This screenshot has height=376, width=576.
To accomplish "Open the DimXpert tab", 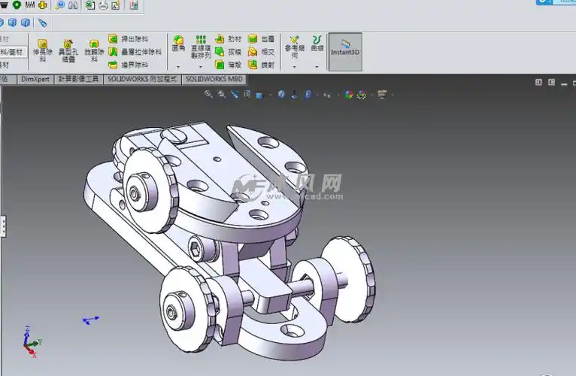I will [x=35, y=78].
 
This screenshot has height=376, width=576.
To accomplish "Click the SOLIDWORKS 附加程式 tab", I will [x=142, y=78].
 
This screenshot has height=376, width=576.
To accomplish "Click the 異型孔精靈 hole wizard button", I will [x=68, y=50].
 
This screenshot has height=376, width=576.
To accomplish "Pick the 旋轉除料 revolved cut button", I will [x=94, y=50].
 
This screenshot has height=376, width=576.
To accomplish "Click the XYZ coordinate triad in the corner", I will [x=29, y=342].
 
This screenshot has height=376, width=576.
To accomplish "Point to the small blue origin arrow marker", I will [x=90, y=320].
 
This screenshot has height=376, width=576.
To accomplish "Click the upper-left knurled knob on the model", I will [x=147, y=183].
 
